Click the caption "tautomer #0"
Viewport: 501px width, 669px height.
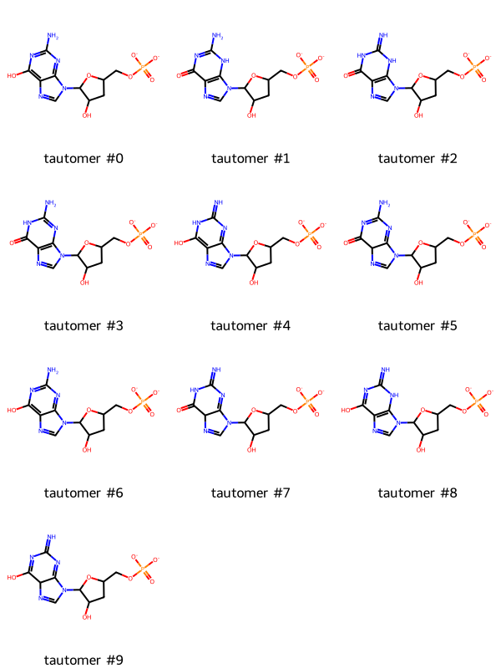click(83, 159)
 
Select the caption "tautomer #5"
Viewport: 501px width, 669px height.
click(417, 326)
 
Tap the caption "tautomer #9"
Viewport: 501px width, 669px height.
click(83, 661)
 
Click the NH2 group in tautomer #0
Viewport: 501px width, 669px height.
click(53, 36)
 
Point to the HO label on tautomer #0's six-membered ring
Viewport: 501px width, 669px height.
click(12, 75)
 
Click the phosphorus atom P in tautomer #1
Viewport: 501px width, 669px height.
click(308, 66)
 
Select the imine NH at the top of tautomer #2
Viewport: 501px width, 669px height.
click(383, 35)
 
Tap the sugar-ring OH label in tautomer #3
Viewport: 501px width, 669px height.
click(84, 283)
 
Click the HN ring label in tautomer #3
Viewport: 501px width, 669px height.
click(27, 222)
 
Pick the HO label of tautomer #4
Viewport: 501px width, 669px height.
click(179, 243)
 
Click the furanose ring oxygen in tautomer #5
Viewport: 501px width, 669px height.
click(421, 243)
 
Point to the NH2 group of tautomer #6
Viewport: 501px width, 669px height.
click(53, 370)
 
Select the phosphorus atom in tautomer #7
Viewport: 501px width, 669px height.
click(308, 401)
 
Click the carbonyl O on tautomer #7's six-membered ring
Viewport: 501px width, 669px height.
click(179, 410)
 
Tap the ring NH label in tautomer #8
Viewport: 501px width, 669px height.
click(395, 395)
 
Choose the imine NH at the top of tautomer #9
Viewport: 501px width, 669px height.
click(51, 537)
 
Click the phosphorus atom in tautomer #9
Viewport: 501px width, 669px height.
click(144, 568)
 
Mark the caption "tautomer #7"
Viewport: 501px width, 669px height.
click(250, 493)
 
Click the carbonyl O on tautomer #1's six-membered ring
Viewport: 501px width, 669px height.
click(179, 75)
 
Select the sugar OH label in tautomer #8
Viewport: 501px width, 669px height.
click(421, 450)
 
